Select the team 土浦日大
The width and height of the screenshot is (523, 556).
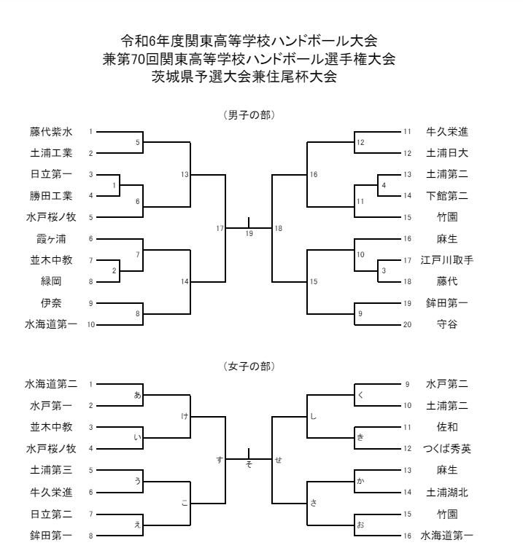click(x=447, y=153)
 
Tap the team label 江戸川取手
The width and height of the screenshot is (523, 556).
click(x=447, y=260)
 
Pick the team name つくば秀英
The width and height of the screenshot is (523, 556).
click(x=447, y=449)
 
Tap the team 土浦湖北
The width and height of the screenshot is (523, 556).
click(x=447, y=492)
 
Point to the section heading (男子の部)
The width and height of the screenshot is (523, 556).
click(x=249, y=114)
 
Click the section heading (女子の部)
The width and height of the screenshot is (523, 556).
click(x=249, y=365)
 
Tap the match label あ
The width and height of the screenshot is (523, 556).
click(x=136, y=393)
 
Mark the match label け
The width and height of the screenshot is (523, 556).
click(x=185, y=415)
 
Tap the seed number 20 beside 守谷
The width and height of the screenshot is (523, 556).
click(x=407, y=324)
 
